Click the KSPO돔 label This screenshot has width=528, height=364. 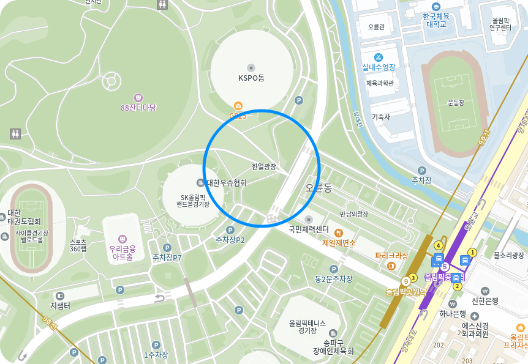tap(251, 78)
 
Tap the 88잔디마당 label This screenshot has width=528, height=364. tap(138, 108)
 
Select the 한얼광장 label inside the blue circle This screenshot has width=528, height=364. tap(264, 166)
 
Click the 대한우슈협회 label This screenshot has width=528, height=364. tap(226, 183)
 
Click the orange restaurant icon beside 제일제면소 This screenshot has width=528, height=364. tap(338, 232)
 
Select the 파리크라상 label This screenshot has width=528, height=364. tap(391, 255)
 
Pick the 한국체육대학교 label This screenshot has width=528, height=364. tap(436, 20)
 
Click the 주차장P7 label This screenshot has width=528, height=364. tap(167, 258)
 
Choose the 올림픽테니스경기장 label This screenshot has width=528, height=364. tap(307, 327)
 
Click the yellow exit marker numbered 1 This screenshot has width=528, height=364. tap(472, 252)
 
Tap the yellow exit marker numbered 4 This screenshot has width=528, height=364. tap(439, 245)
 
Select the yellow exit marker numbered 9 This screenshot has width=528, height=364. tap(405, 281)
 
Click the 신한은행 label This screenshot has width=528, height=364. tap(485, 300)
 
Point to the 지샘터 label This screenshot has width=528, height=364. tap(61, 305)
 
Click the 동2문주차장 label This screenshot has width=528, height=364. tap(334, 279)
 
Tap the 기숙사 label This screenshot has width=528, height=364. tap(380, 116)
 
